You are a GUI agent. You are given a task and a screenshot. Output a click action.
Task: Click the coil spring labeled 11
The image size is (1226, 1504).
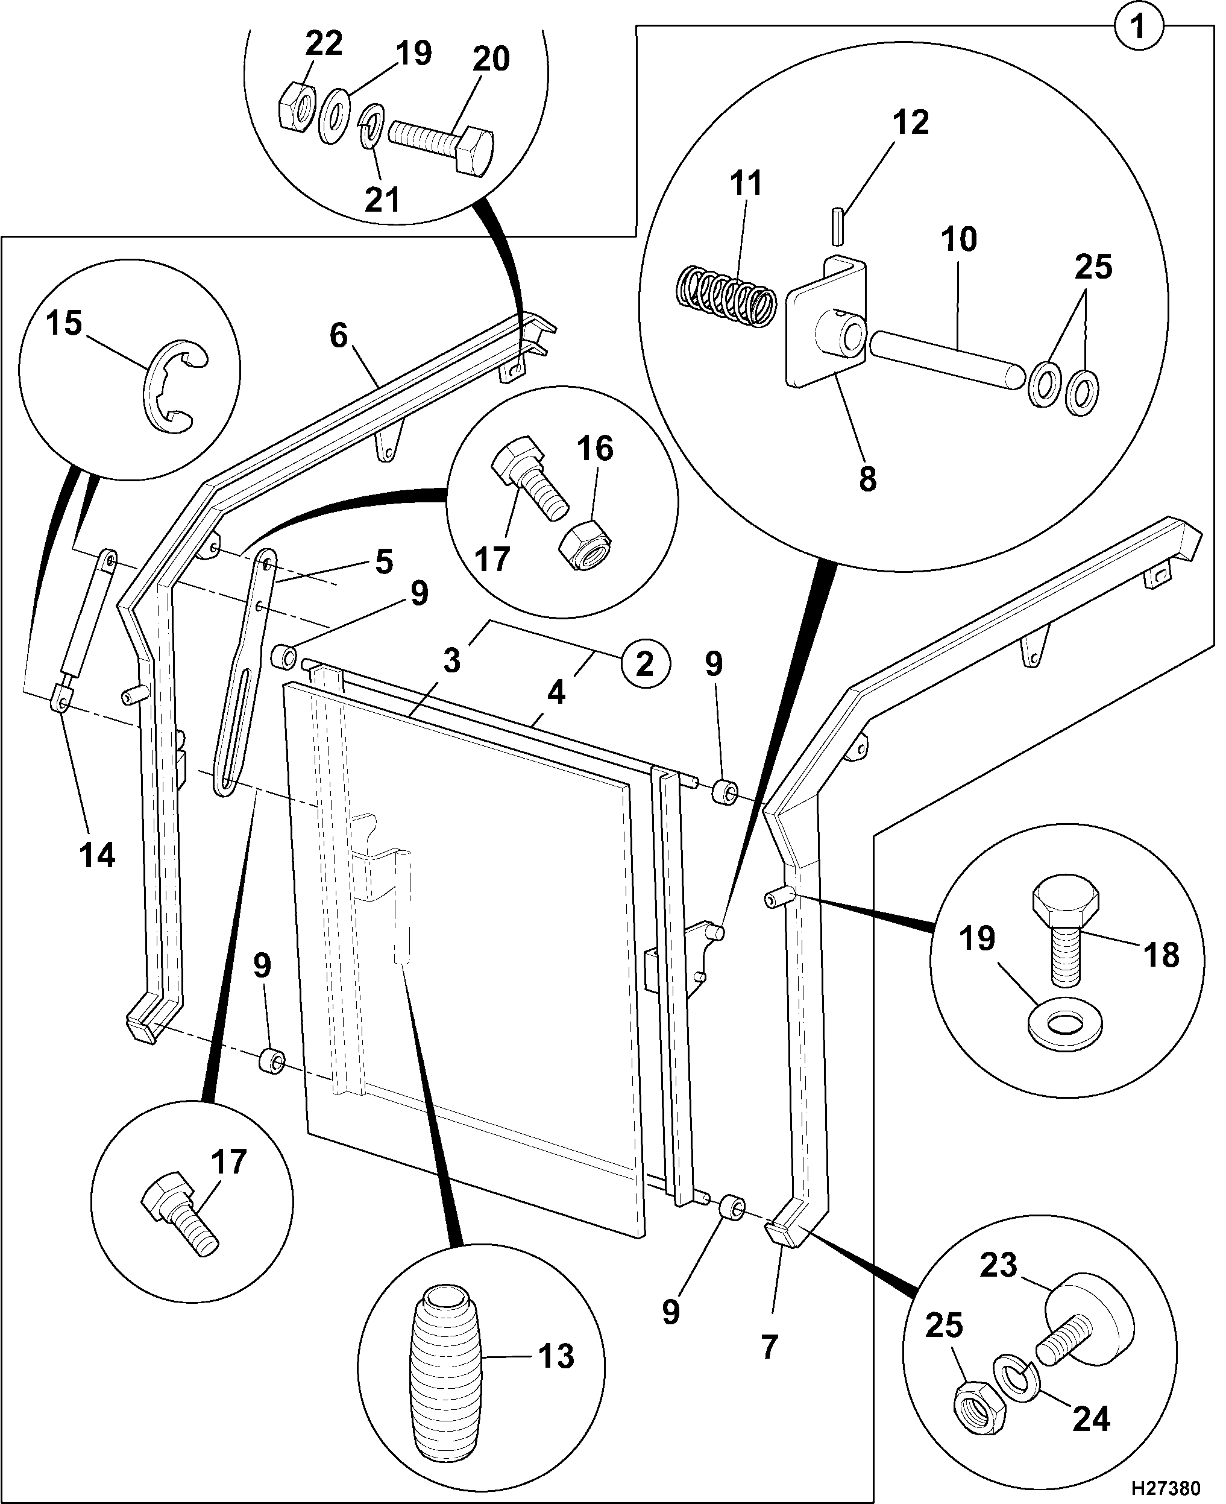tap(723, 295)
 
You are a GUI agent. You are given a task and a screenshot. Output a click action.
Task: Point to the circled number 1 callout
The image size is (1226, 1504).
tap(1138, 28)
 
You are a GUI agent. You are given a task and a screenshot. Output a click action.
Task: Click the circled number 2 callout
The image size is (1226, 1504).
tap(645, 665)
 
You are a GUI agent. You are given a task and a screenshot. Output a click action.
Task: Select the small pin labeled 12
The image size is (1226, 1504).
tap(838, 226)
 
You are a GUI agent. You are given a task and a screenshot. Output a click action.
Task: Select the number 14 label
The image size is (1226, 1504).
tap(97, 856)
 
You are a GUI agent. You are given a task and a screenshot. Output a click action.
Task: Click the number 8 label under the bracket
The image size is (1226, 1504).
tap(868, 479)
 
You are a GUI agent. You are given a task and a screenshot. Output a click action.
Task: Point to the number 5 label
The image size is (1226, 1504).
tap(383, 562)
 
